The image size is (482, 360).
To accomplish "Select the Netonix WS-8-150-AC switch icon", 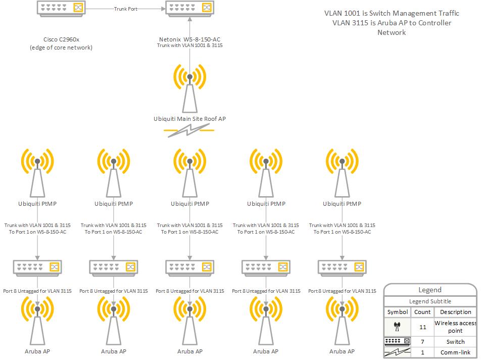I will pyautogui.click(x=189, y=8).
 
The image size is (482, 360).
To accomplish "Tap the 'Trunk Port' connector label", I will pyautogui.click(x=125, y=9).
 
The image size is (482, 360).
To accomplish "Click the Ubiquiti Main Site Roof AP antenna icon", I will pyautogui.click(x=189, y=88).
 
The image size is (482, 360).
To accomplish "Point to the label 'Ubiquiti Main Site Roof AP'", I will pyautogui.click(x=189, y=119).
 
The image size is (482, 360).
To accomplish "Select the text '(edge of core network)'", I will pyautogui.click(x=61, y=48).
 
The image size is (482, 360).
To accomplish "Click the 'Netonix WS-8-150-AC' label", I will pyautogui.click(x=189, y=39).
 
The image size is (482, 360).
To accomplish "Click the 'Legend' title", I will pyautogui.click(x=430, y=290).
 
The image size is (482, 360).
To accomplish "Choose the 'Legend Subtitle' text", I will pyautogui.click(x=430, y=301).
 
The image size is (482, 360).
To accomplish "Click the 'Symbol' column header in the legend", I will pyautogui.click(x=398, y=312).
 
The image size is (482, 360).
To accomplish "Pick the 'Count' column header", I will pyautogui.click(x=422, y=312).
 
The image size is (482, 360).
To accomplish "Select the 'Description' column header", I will pyautogui.click(x=455, y=312).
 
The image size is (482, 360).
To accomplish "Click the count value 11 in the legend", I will pyautogui.click(x=422, y=327).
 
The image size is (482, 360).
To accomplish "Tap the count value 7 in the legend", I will pyautogui.click(x=422, y=342).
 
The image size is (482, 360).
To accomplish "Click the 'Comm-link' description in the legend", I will pyautogui.click(x=455, y=353).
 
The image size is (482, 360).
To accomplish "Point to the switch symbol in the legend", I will pyautogui.click(x=398, y=342).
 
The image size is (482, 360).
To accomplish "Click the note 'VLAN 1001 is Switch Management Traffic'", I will pyautogui.click(x=392, y=14).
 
